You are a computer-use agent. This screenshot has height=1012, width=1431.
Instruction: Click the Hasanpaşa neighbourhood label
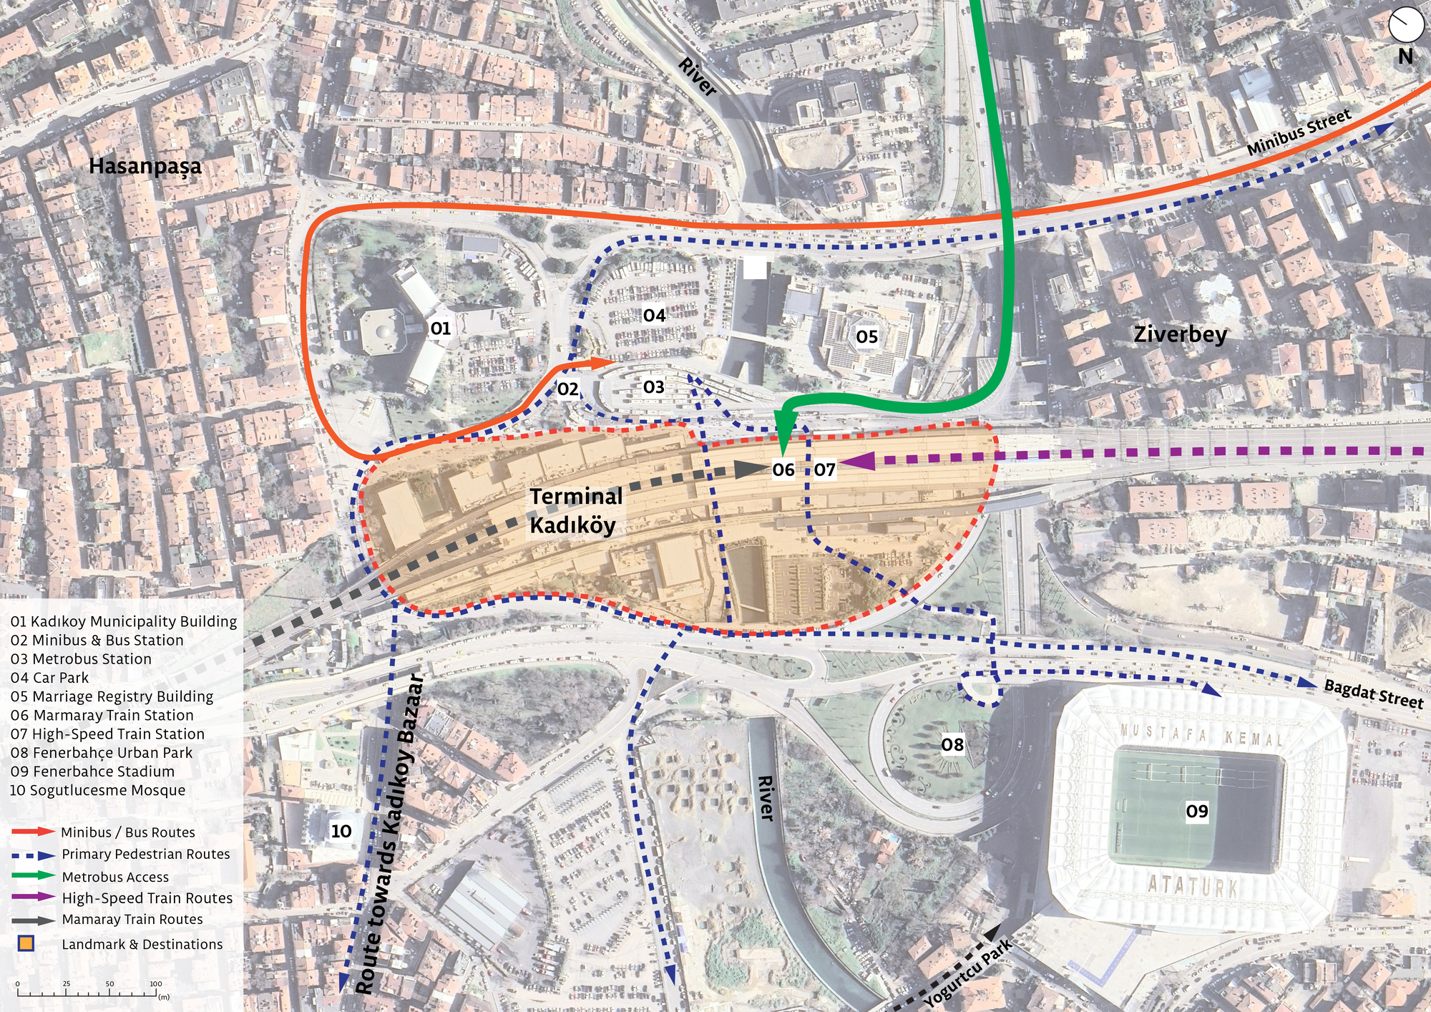click(145, 167)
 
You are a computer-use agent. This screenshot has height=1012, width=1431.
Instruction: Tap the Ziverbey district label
click(1180, 334)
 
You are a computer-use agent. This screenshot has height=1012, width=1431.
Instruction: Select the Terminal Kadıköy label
click(576, 511)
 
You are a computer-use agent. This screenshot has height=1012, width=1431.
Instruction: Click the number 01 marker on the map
click(440, 329)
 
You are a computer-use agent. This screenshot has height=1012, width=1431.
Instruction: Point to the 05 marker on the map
click(866, 336)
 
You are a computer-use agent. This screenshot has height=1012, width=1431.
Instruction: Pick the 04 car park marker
click(654, 316)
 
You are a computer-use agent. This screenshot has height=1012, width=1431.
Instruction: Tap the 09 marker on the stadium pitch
click(1197, 811)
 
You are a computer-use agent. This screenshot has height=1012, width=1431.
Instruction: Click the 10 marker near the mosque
click(341, 831)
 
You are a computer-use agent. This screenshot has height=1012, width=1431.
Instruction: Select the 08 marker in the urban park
click(952, 745)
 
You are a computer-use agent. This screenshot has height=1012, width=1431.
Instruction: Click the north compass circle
click(1406, 24)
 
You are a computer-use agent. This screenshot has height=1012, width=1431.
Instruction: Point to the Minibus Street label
click(1299, 132)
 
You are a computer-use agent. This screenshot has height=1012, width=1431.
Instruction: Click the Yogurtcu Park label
click(968, 974)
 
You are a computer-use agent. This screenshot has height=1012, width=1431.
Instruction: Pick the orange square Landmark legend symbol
click(26, 943)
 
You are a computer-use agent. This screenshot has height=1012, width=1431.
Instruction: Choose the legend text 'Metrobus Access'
click(115, 877)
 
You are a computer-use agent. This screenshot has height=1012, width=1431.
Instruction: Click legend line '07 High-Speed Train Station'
click(107, 734)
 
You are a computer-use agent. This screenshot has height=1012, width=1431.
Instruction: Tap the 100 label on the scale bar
click(155, 983)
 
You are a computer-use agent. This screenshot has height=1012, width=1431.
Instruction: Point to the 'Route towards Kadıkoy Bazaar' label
click(390, 834)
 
